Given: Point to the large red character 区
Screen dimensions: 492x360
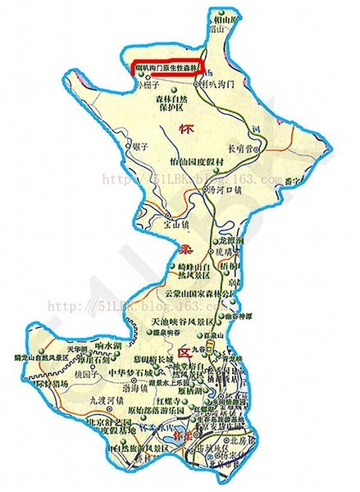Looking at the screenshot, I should point(187,348).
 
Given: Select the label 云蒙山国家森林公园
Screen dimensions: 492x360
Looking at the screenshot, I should point(205,291).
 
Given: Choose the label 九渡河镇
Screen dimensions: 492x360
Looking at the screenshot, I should point(105,402).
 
